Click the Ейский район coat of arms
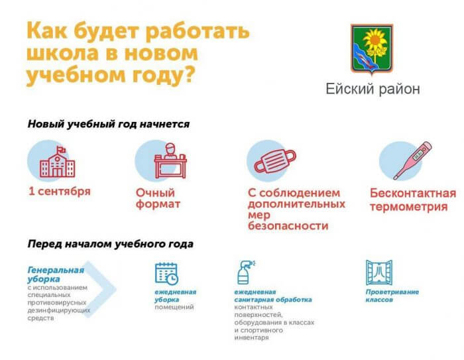click(x=372, y=48)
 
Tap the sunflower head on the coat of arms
click(x=375, y=40)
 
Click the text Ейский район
click(x=373, y=89)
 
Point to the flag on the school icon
click(x=61, y=150)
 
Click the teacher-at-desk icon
click(x=170, y=160)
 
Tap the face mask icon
click(x=275, y=160)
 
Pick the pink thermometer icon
click(x=412, y=160)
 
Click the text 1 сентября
click(x=60, y=191)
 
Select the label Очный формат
click(x=158, y=198)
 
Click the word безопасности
click(x=288, y=226)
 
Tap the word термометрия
click(x=409, y=206)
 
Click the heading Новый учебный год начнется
click(x=109, y=124)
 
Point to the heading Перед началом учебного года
click(x=111, y=244)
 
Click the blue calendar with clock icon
click(x=166, y=274)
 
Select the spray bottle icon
click(x=246, y=272)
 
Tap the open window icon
click(x=379, y=272)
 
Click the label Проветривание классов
click(x=392, y=296)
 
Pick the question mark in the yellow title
click(x=190, y=74)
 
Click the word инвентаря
click(x=251, y=337)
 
